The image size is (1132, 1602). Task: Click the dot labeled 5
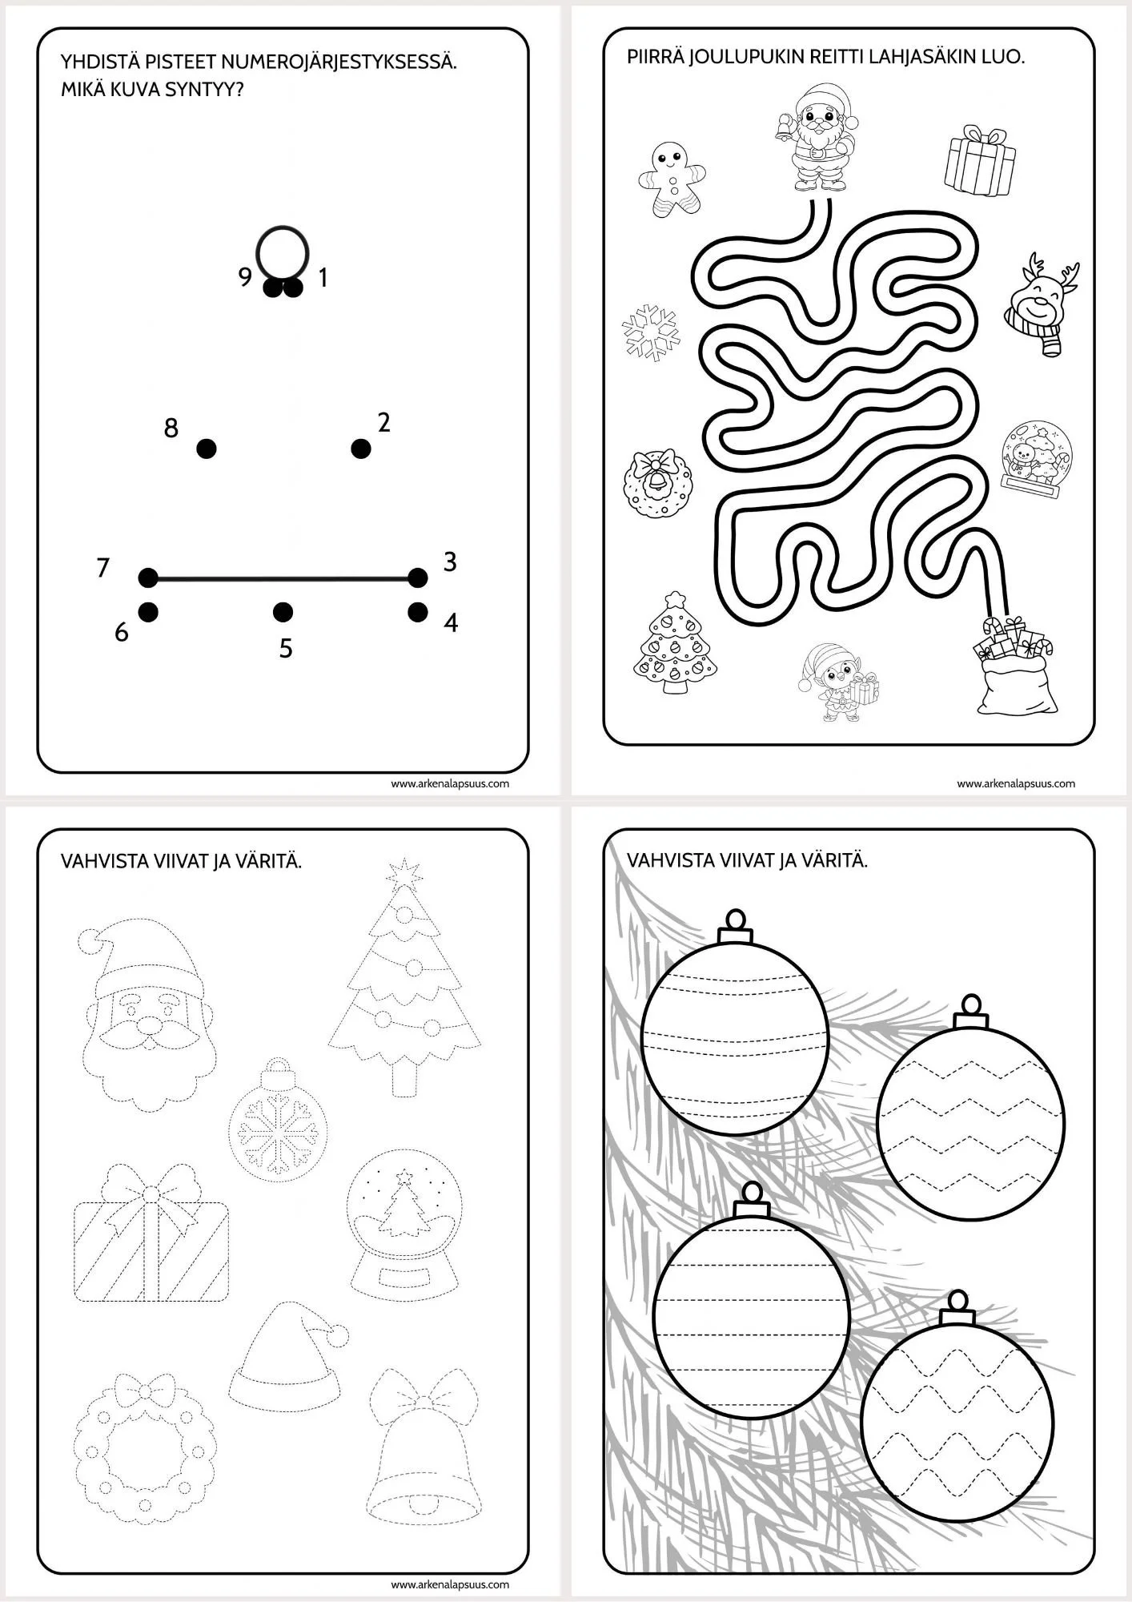pyautogui.click(x=282, y=613)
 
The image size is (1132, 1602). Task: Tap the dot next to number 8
pyautogui.click(x=206, y=449)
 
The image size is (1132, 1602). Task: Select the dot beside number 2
pyautogui.click(x=361, y=449)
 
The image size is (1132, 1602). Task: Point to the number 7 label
pyautogui.click(x=102, y=568)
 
